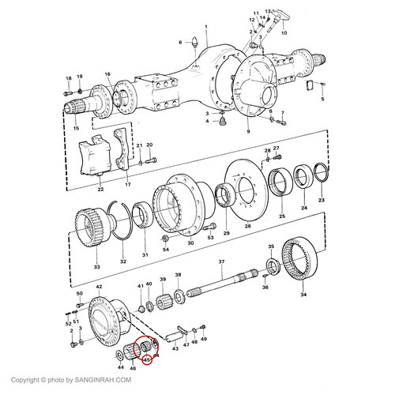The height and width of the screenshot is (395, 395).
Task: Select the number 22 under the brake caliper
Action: click(x=100, y=190)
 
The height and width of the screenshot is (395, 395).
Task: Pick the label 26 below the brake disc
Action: click(x=247, y=225)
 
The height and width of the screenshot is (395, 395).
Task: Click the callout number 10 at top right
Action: click(x=284, y=34)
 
